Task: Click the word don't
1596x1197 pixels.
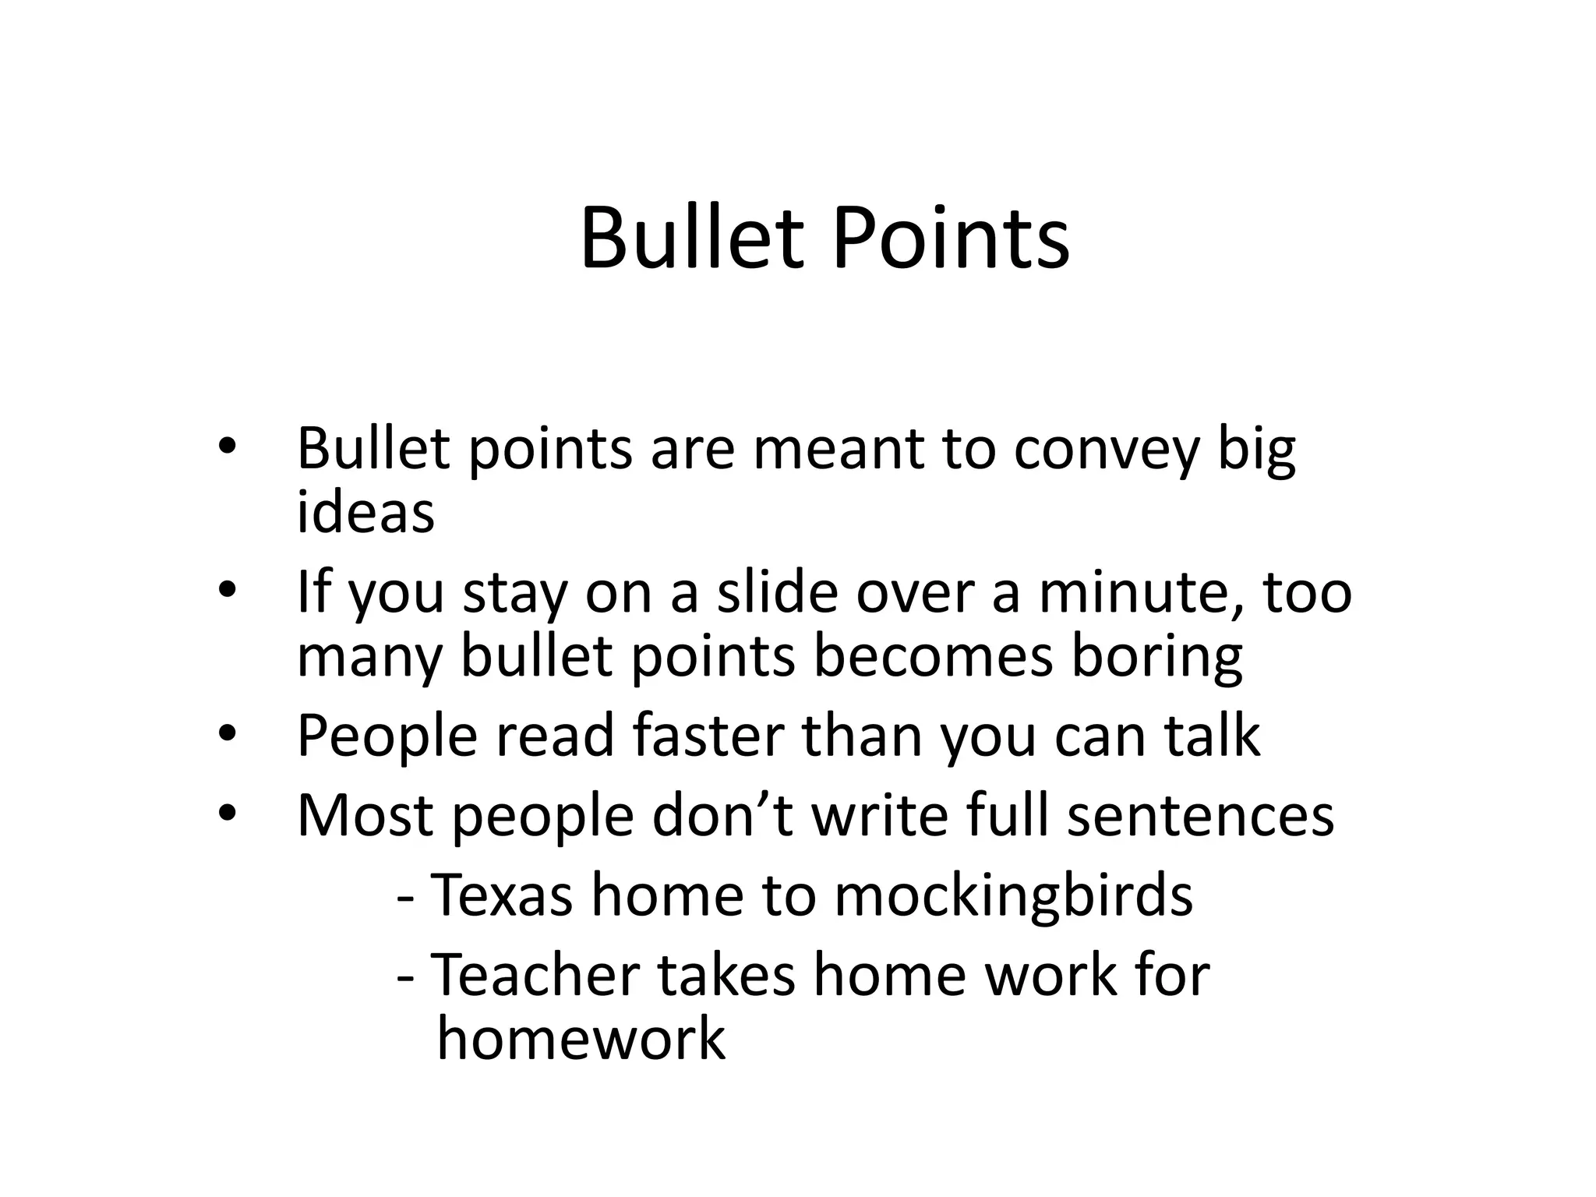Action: coord(722,815)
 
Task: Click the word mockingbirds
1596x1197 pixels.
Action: coord(1013,896)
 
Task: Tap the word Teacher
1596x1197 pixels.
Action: coord(535,975)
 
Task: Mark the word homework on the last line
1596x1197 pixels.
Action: coord(581,1039)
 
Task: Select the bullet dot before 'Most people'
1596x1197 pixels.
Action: coord(227,814)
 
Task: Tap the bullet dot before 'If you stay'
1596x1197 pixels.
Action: coord(227,591)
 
